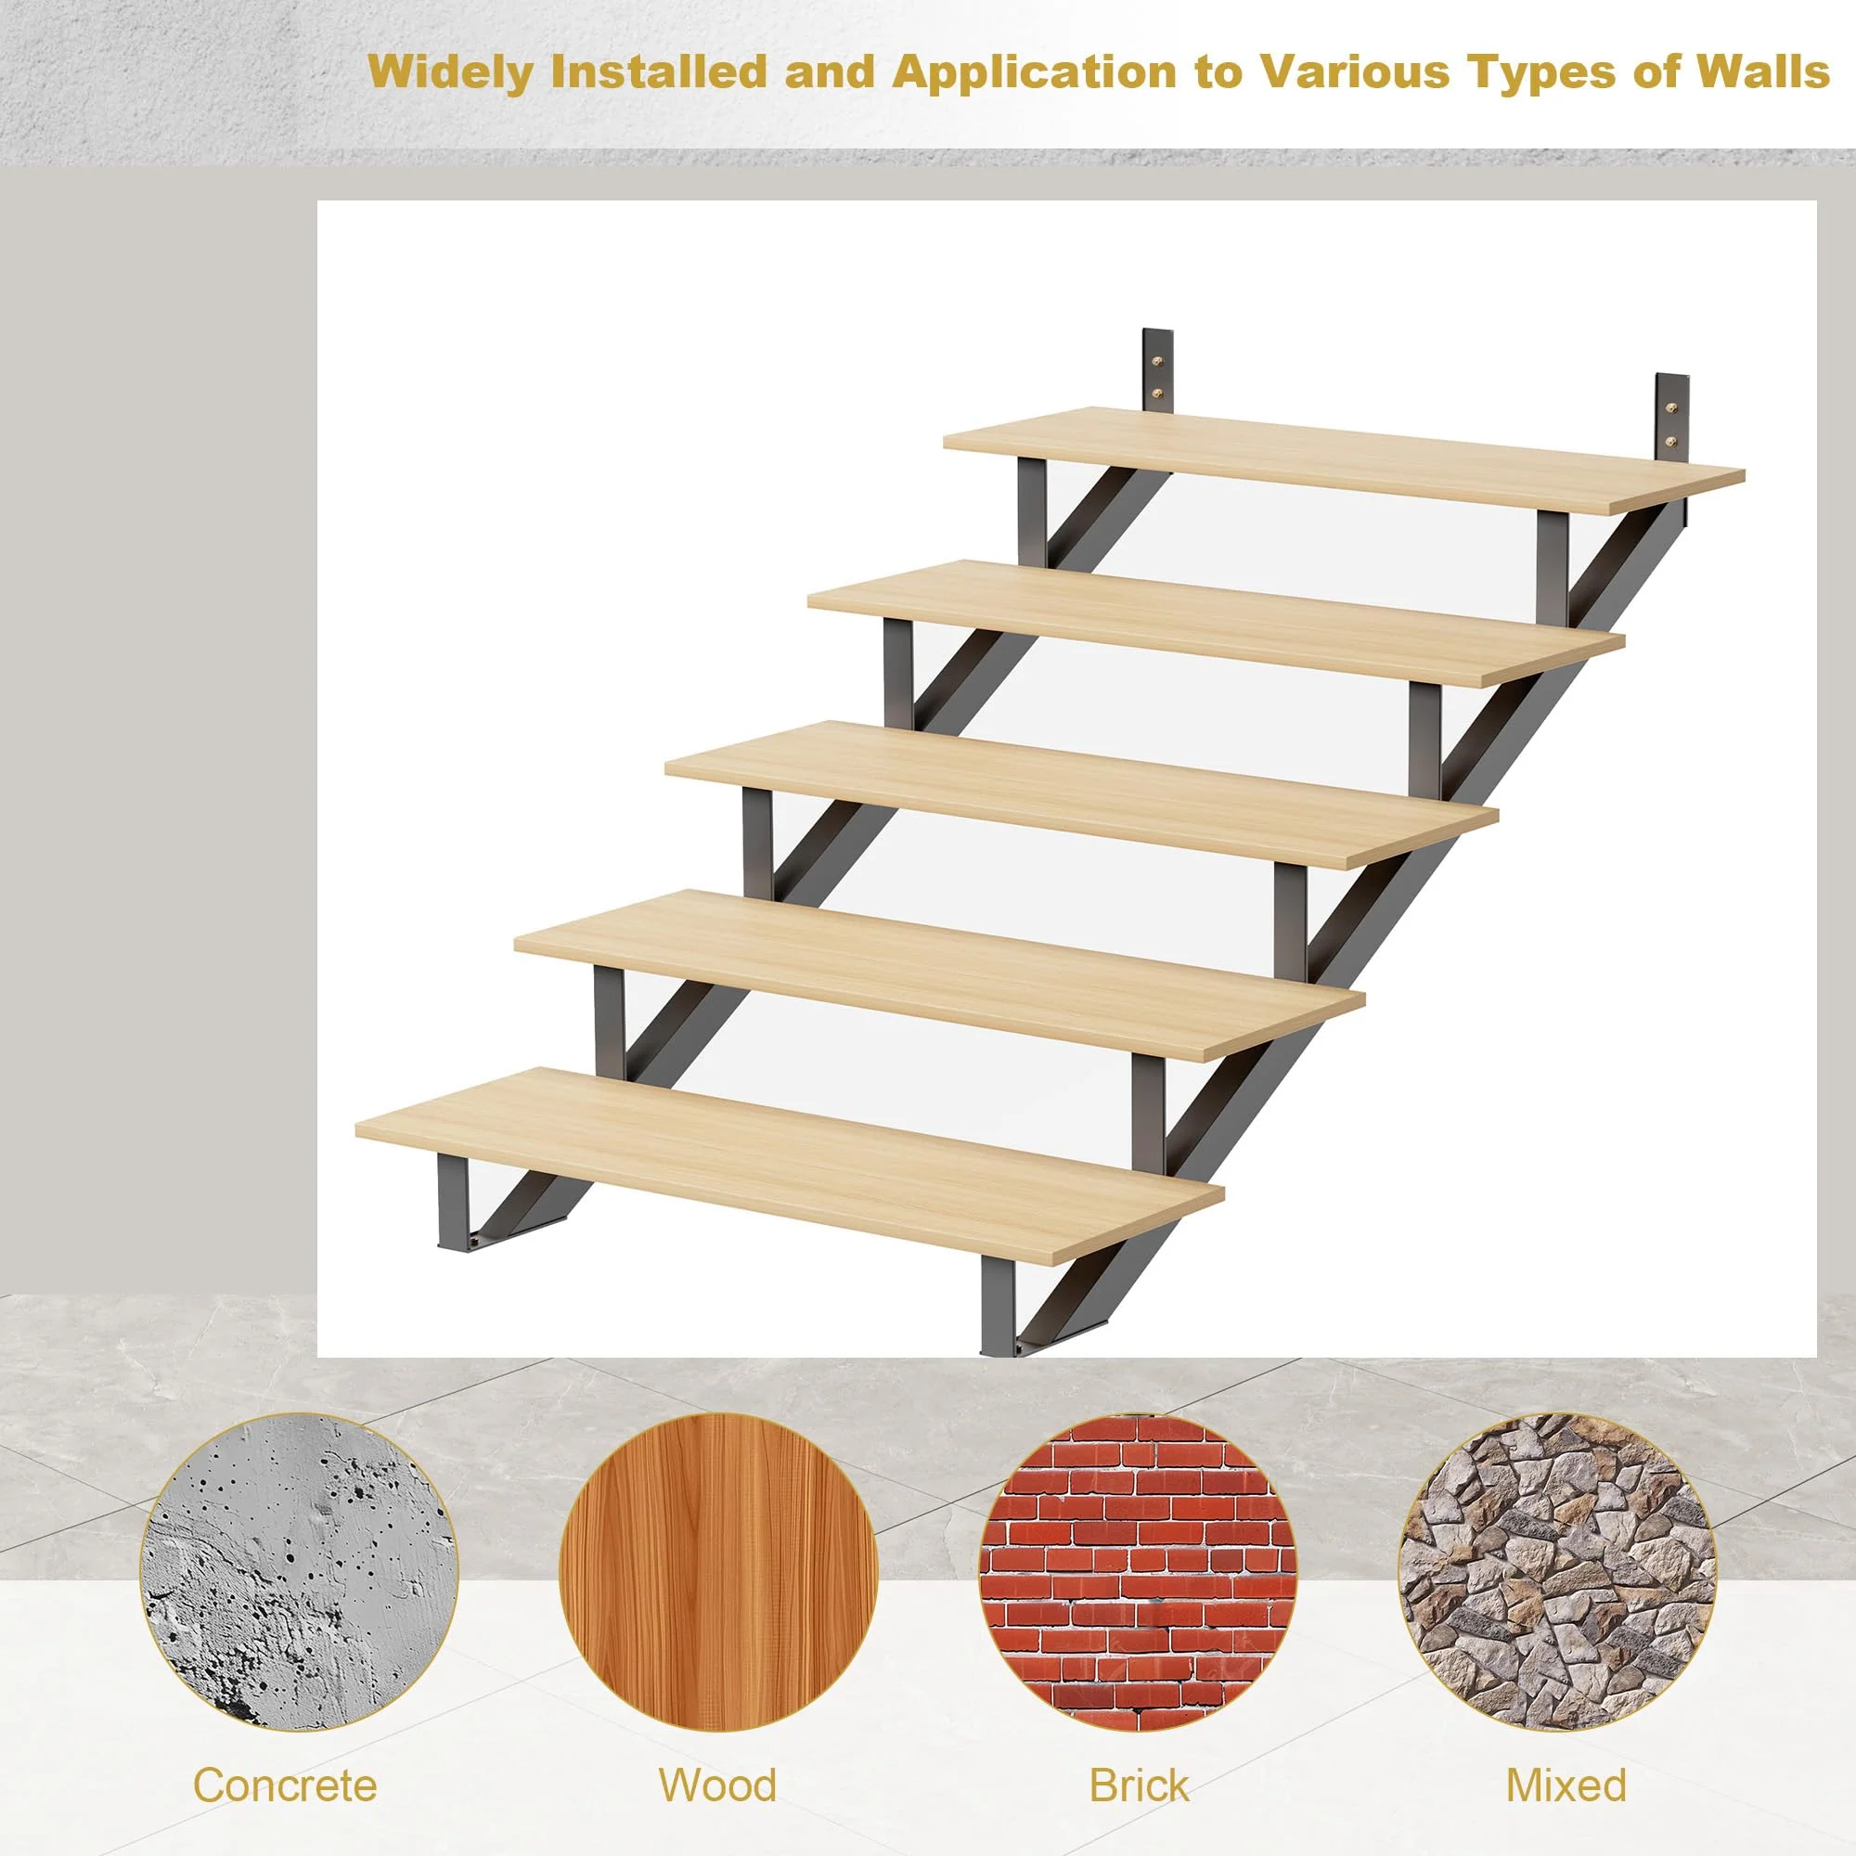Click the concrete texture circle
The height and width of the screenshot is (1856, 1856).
pos(299,1572)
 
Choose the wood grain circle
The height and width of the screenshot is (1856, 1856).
pos(718,1572)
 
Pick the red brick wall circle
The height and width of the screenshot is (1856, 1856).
pos(1139,1572)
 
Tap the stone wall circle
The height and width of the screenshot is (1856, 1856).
pos(1557,1572)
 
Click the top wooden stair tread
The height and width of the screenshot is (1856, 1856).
pos(1345,458)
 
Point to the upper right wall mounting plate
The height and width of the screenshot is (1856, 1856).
pos(1670,416)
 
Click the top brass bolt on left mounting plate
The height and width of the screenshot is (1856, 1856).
pos(1157,362)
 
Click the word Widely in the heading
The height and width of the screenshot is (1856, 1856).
pos(451,73)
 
